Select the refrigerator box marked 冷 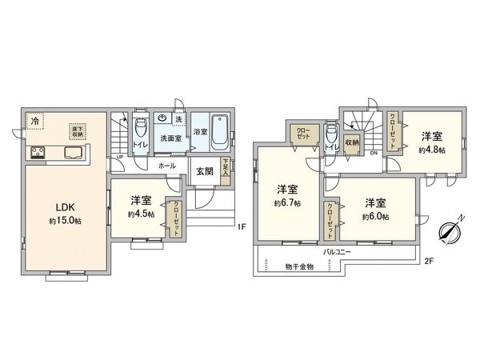click(x=36, y=121)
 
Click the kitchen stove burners click(x=38, y=153)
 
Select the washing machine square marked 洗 click(x=179, y=120)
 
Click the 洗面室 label click(x=170, y=138)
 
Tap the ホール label click(x=167, y=166)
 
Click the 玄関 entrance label click(x=203, y=171)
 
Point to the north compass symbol click(x=449, y=230)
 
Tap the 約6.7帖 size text click(x=287, y=204)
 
